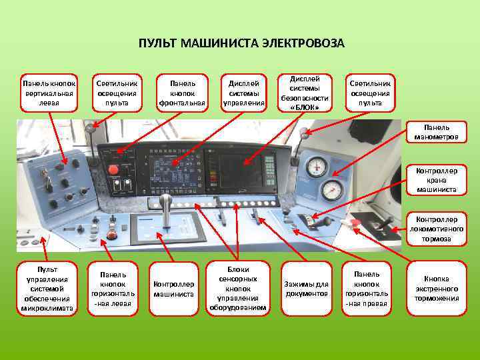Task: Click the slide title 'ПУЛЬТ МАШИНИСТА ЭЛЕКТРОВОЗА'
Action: [x=241, y=44]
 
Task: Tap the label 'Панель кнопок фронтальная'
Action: [x=182, y=93]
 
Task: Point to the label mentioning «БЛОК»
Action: [x=309, y=93]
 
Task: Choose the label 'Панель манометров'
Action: [x=437, y=132]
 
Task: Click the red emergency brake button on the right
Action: [x=355, y=223]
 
